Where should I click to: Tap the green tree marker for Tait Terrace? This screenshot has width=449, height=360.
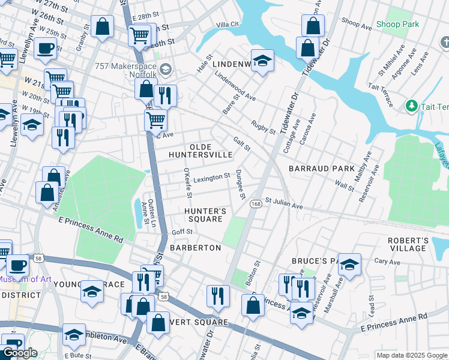pyautogui.click(x=411, y=106)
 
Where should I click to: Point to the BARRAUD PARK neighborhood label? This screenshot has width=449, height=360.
pyautogui.click(x=322, y=169)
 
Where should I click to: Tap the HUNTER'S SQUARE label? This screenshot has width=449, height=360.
pyautogui.click(x=205, y=215)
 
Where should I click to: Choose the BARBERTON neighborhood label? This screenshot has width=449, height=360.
pyautogui.click(x=196, y=247)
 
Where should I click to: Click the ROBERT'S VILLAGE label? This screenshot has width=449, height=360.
pyautogui.click(x=408, y=244)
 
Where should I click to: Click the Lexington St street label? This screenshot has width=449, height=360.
pyautogui.click(x=211, y=177)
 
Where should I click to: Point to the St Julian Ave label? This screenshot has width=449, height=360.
pyautogui.click(x=284, y=203)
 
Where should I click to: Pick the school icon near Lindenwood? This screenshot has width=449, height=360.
pyautogui.click(x=262, y=61)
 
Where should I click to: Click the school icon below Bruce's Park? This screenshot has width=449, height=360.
pyautogui.click(x=301, y=312)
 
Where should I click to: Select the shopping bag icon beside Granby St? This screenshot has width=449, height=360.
pyautogui.click(x=103, y=26)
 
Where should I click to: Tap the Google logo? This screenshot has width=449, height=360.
pyautogui.click(x=20, y=353)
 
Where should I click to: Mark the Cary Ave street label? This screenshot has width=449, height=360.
pyautogui.click(x=387, y=262)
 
